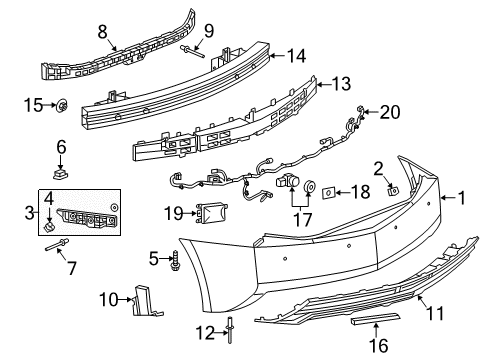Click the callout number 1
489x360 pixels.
(x=462, y=198)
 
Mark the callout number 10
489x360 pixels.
(x=107, y=298)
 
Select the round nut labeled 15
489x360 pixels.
(x=62, y=102)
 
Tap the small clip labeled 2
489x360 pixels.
(x=392, y=187)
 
